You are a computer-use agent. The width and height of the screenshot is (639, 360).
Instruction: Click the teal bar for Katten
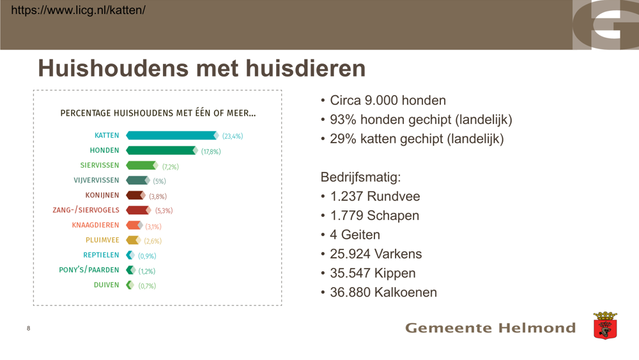click(173, 136)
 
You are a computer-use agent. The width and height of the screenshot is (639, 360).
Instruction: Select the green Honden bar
click(162, 150)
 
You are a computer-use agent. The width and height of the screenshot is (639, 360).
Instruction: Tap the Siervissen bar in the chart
click(142, 165)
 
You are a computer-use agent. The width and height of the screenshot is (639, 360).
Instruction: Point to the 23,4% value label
click(233, 136)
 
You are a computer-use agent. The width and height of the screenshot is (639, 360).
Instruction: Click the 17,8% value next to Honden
click(211, 152)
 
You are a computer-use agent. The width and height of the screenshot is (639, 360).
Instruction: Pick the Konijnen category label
click(102, 195)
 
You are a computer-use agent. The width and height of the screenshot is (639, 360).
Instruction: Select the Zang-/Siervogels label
click(86, 210)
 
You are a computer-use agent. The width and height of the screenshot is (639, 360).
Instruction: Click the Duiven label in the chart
click(106, 285)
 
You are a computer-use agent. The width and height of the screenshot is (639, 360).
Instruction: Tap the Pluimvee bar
click(134, 240)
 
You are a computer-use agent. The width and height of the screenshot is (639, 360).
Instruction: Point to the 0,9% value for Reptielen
click(147, 256)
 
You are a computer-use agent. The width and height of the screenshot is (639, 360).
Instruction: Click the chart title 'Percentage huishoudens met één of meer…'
click(158, 113)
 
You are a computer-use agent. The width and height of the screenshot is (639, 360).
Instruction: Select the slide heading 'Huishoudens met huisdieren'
click(202, 68)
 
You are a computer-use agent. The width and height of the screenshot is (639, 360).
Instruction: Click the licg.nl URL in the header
click(78, 10)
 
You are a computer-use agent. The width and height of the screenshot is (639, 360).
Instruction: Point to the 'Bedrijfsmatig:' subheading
click(360, 177)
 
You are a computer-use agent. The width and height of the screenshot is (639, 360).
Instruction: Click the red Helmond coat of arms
click(605, 325)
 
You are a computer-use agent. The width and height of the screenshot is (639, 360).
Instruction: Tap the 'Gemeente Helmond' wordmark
click(490, 328)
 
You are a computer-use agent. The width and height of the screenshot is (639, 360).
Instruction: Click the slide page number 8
click(29, 328)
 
